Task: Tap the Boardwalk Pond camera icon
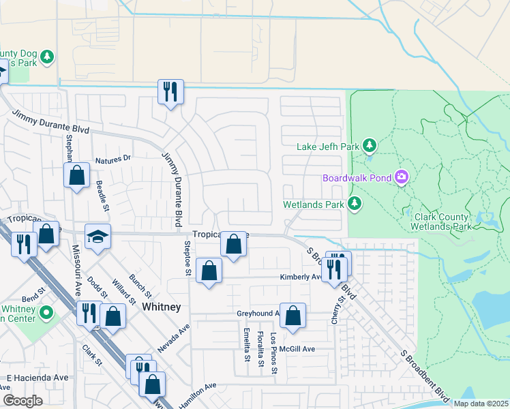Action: pyautogui.click(x=402, y=178)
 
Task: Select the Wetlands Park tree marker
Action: pyautogui.click(x=355, y=203)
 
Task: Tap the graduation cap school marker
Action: pyautogui.click(x=97, y=237)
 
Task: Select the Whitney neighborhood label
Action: pyautogui.click(x=162, y=307)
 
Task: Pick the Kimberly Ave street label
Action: pyautogui.click(x=301, y=277)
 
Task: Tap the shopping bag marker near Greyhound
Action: pyautogui.click(x=292, y=316)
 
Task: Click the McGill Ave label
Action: pyautogui.click(x=299, y=349)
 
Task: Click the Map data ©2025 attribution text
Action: pyautogui.click(x=481, y=404)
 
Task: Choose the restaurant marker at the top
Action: pyautogui.click(x=169, y=91)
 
